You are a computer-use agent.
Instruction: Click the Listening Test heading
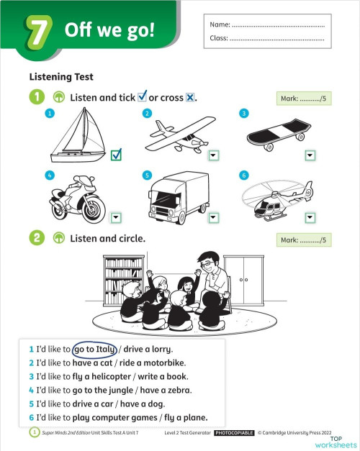click(61, 76)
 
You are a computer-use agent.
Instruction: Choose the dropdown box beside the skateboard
click(310, 155)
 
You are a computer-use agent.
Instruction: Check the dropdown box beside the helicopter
click(310, 217)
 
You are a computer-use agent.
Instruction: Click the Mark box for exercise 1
click(303, 99)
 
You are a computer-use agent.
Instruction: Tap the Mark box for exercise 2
click(303, 240)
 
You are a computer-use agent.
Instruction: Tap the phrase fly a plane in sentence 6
click(184, 417)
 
